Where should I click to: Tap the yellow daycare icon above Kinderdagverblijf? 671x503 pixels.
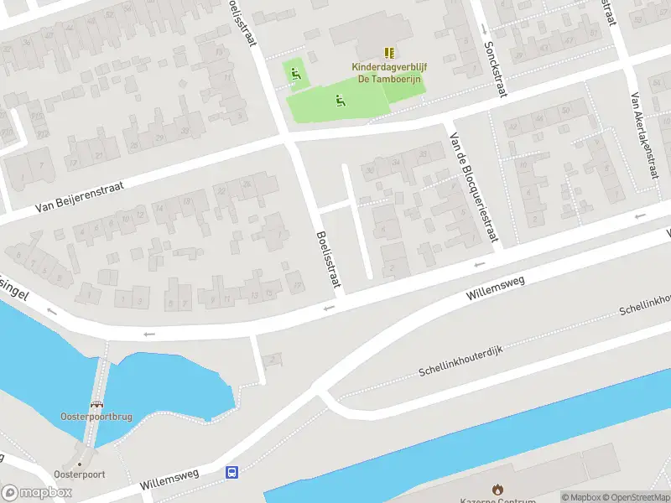(x=389, y=52)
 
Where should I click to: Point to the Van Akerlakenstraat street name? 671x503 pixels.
(x=643, y=134)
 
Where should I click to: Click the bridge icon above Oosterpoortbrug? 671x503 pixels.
(x=96, y=404)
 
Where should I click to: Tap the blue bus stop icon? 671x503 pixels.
(x=231, y=473)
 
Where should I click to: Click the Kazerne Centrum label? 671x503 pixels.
(x=498, y=500)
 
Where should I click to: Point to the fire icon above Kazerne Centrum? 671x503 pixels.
(x=497, y=488)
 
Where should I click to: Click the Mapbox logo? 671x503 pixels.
(x=37, y=493)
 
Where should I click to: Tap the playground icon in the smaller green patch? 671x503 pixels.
(x=295, y=74)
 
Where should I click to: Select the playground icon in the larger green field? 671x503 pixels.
(x=340, y=101)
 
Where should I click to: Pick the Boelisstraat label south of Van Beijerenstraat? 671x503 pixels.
(x=329, y=262)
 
